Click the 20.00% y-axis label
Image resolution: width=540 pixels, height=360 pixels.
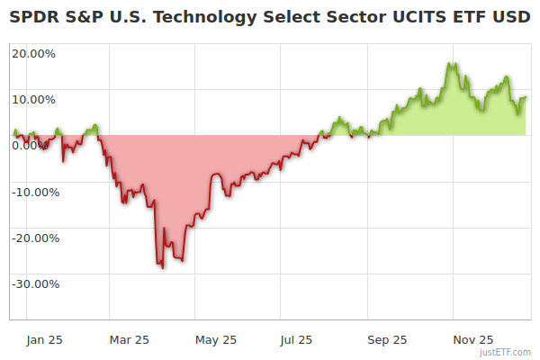coord(33,53)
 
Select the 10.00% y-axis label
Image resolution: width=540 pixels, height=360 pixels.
coord(33,100)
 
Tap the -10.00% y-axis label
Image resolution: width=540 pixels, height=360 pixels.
coord(35,192)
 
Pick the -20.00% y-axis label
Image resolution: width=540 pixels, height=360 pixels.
coord(35,238)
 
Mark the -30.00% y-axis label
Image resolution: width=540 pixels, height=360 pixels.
coord(35,284)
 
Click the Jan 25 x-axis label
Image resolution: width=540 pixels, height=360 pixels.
coord(44,340)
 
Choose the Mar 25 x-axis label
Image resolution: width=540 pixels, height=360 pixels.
coord(129,340)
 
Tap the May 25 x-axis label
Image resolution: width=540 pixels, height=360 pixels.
coord(216,340)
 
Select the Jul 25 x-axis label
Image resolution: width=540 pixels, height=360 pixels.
coord(297,340)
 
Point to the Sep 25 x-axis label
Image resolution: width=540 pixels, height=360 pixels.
coord(387,340)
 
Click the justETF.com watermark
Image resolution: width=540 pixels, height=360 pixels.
coord(505,352)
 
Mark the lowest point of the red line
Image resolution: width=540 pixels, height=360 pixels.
coord(163,268)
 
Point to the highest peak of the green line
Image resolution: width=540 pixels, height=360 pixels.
coord(452,64)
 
